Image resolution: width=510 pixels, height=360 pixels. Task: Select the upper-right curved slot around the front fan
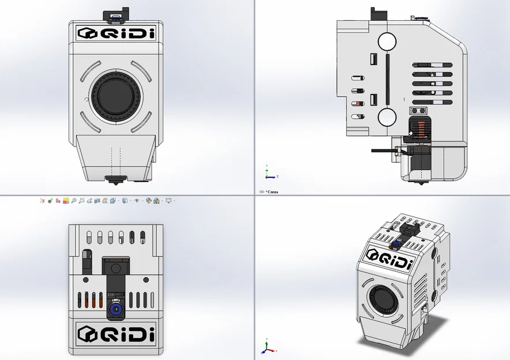click(x=142, y=71)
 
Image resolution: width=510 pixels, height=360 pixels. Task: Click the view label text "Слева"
click(x=271, y=192)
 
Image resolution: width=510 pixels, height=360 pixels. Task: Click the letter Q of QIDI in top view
click(x=107, y=334)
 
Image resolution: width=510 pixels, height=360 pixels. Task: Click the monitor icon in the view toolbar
click(x=168, y=201)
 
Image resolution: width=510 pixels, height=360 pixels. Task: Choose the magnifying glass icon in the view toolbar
click(x=82, y=201)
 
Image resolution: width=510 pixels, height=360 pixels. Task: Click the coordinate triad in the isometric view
click(x=266, y=347)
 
